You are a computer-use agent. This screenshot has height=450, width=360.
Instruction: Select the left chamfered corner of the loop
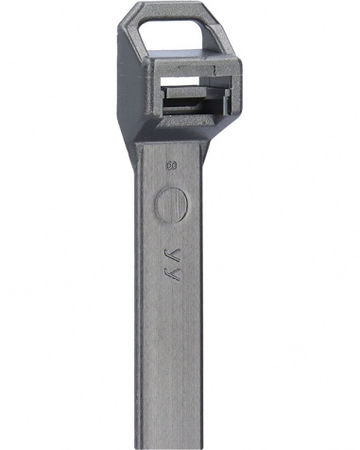tap(135, 12)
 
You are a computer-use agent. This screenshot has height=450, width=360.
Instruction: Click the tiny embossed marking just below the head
tap(172, 165)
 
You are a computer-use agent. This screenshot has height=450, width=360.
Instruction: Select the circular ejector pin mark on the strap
tap(172, 203)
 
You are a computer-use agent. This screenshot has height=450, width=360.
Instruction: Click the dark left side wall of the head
tap(129, 85)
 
